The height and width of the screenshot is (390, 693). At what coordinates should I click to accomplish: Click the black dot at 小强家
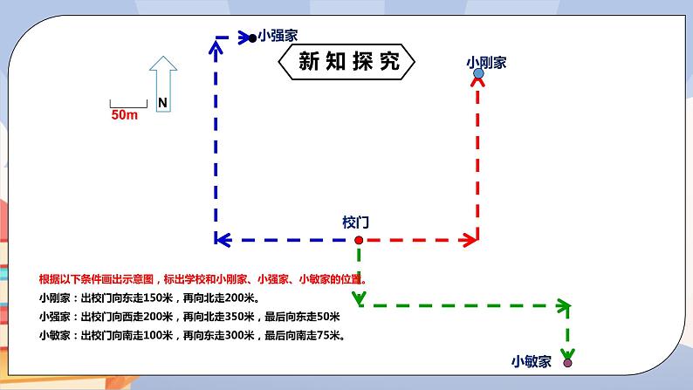click(x=252, y=38)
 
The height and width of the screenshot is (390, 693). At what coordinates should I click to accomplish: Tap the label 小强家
click(x=278, y=36)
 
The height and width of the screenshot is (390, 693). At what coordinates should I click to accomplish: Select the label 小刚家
click(x=486, y=62)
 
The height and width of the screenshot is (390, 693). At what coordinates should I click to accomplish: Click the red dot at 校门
click(x=358, y=239)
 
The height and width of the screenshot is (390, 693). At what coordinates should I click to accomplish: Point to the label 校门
click(x=356, y=222)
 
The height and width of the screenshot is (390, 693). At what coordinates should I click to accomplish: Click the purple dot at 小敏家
click(x=568, y=362)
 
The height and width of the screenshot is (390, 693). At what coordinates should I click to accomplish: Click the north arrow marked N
click(x=162, y=84)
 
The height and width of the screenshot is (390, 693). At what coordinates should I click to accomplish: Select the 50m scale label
click(x=125, y=115)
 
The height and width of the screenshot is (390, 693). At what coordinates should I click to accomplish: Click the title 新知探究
click(x=348, y=61)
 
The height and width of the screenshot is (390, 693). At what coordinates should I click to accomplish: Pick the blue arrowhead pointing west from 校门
click(x=221, y=239)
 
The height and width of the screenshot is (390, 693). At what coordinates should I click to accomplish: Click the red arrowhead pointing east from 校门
click(x=472, y=239)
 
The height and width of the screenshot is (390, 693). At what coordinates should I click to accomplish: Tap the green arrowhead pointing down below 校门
click(x=359, y=299)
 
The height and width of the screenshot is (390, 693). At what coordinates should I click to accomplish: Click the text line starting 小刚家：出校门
click(x=152, y=298)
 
